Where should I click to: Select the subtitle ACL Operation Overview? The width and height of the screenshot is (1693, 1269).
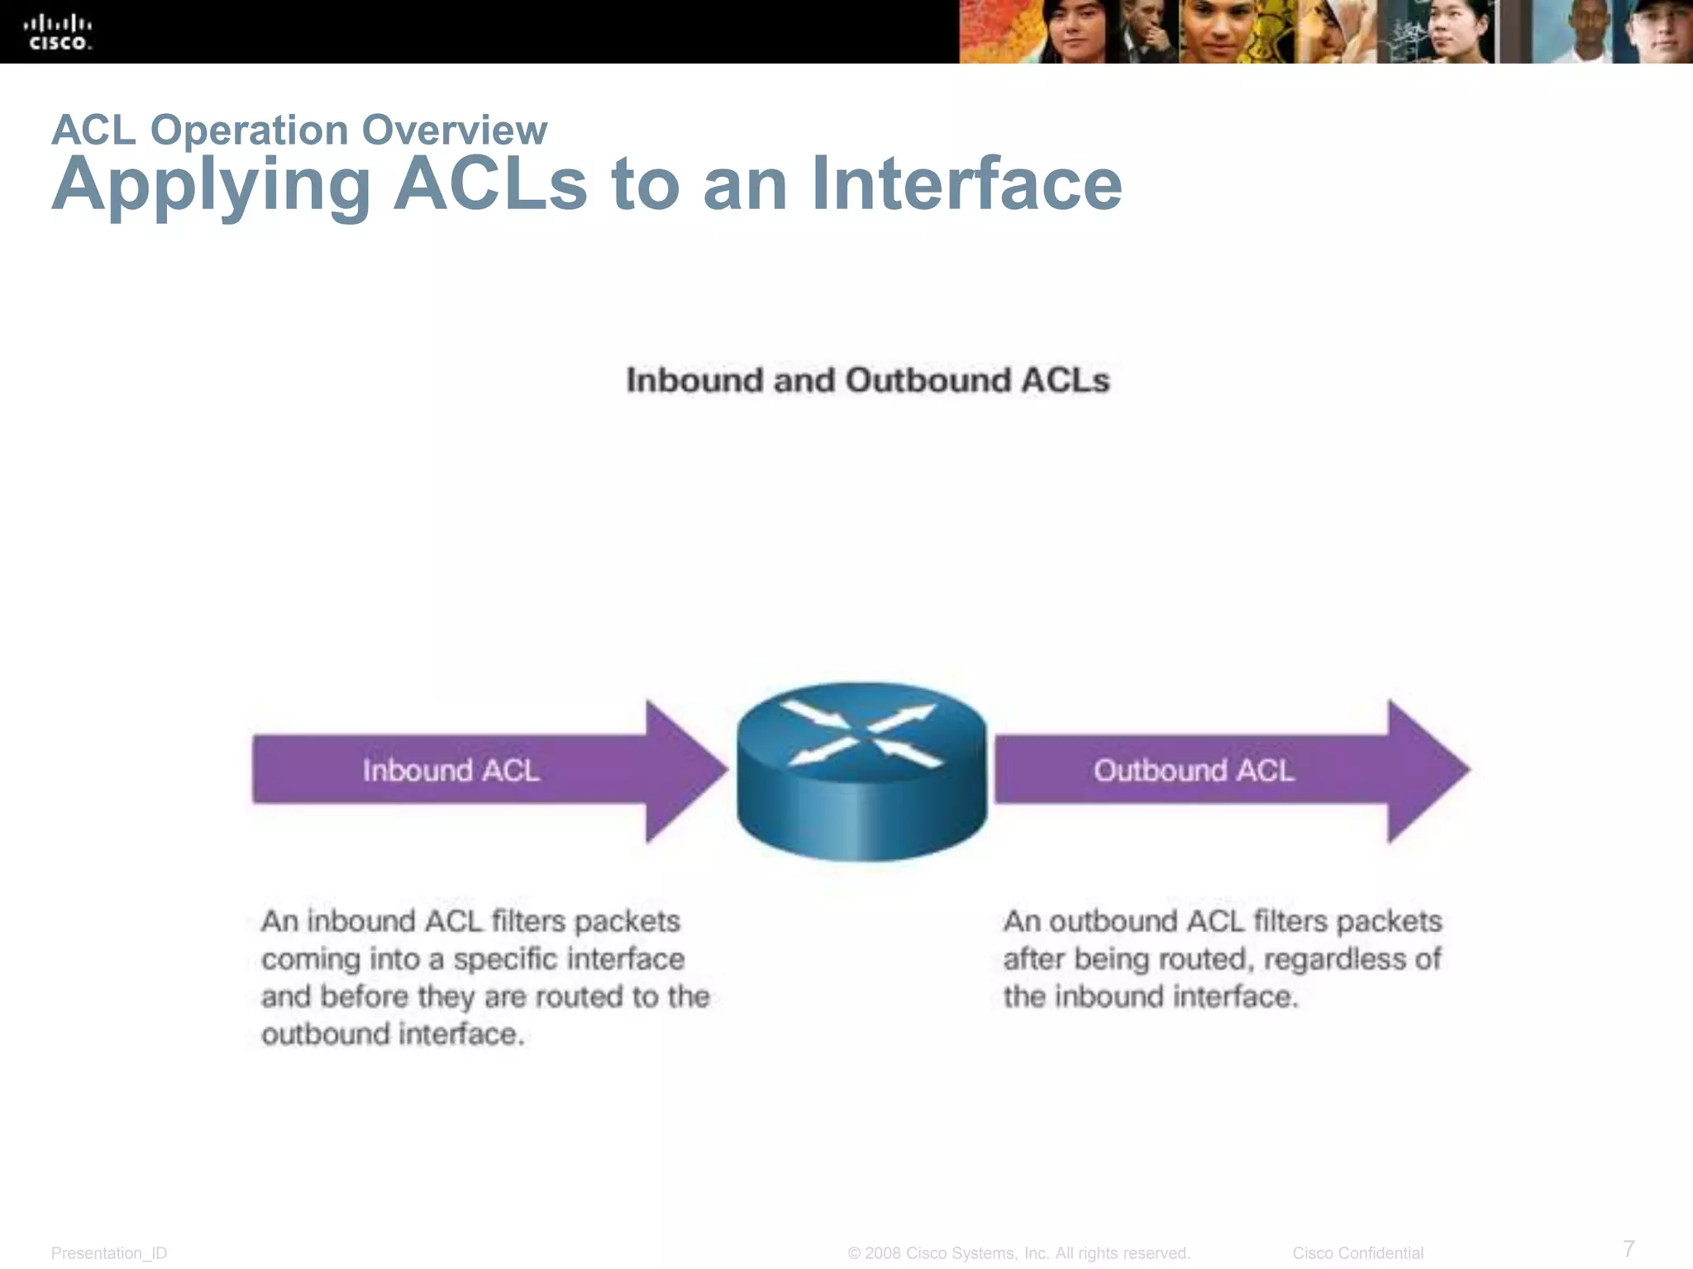[x=299, y=130]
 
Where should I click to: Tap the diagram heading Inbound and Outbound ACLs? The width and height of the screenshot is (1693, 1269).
[x=867, y=380]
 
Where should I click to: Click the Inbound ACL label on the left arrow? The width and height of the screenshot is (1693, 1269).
[x=451, y=770]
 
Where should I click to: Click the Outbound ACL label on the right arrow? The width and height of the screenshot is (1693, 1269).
[x=1193, y=770]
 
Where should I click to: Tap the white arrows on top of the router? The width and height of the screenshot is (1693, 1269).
[x=861, y=734]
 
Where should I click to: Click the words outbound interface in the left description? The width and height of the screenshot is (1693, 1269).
[x=392, y=1034]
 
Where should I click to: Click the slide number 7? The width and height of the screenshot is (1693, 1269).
[x=1629, y=1248]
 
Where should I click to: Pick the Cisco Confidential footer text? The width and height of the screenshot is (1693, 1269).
[x=1357, y=1253]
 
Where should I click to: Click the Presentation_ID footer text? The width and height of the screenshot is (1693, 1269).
[x=109, y=1253]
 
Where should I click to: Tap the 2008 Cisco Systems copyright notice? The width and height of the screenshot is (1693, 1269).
[x=1018, y=1253]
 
